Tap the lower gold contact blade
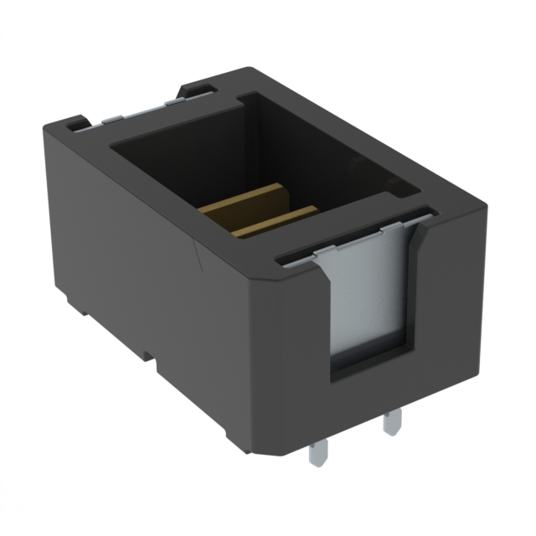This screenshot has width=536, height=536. [x=276, y=219]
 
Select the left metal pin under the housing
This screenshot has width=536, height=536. [x=317, y=451]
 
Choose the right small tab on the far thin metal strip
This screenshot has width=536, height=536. [x=172, y=102]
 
